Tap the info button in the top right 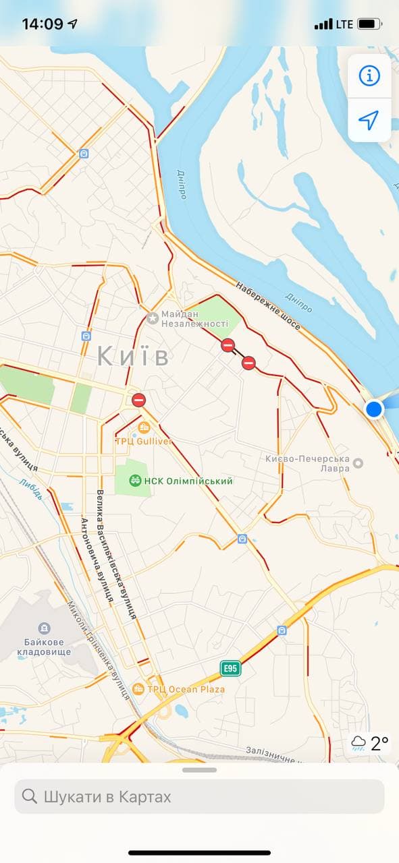tap(369, 76)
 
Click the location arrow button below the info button tap(369, 121)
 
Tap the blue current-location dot tap(374, 409)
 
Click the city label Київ tap(133, 355)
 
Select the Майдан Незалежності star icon tap(153, 318)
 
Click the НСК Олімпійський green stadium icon tap(135, 481)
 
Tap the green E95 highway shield tap(230, 668)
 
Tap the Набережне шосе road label tap(269, 304)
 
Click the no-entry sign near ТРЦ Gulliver tap(138, 400)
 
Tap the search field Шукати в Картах tap(199, 796)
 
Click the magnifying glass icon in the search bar tap(30, 796)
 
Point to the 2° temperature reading tap(379, 743)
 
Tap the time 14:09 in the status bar tap(43, 24)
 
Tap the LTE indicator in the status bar tap(344, 24)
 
